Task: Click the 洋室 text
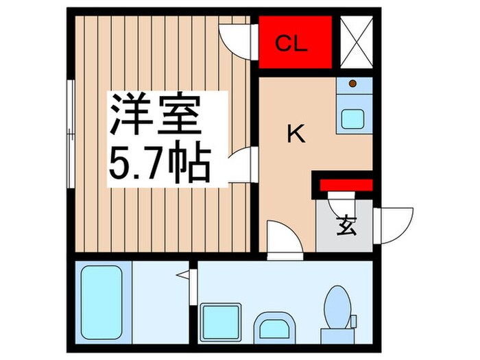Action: [156, 117]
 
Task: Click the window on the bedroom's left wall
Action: [70, 133]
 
